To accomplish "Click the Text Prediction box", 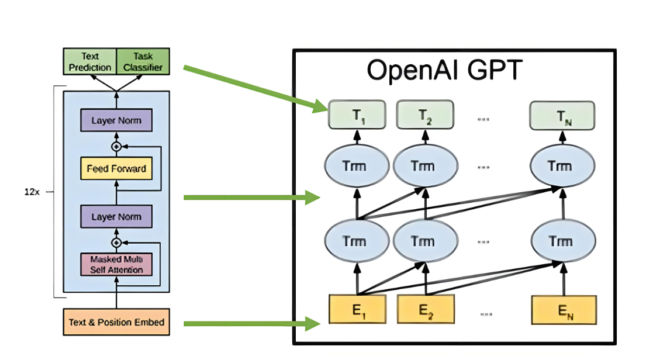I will (89, 62).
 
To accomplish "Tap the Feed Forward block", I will (116, 169).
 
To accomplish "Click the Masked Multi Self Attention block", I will (116, 264).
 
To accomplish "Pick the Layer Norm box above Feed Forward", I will (116, 121).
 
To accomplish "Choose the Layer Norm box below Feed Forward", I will (116, 217).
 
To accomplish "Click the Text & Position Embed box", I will (116, 322).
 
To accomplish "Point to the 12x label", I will (32, 192).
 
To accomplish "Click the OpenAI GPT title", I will (444, 71).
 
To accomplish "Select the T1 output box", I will (357, 115).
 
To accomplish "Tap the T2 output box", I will (426, 115).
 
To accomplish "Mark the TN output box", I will (562, 115).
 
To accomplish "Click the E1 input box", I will (357, 310).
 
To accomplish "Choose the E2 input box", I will (426, 310).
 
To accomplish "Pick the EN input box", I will (564, 310).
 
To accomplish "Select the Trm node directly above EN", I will (564, 241).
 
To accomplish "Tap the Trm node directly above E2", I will (426, 241).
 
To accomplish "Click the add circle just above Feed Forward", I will (116, 146).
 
